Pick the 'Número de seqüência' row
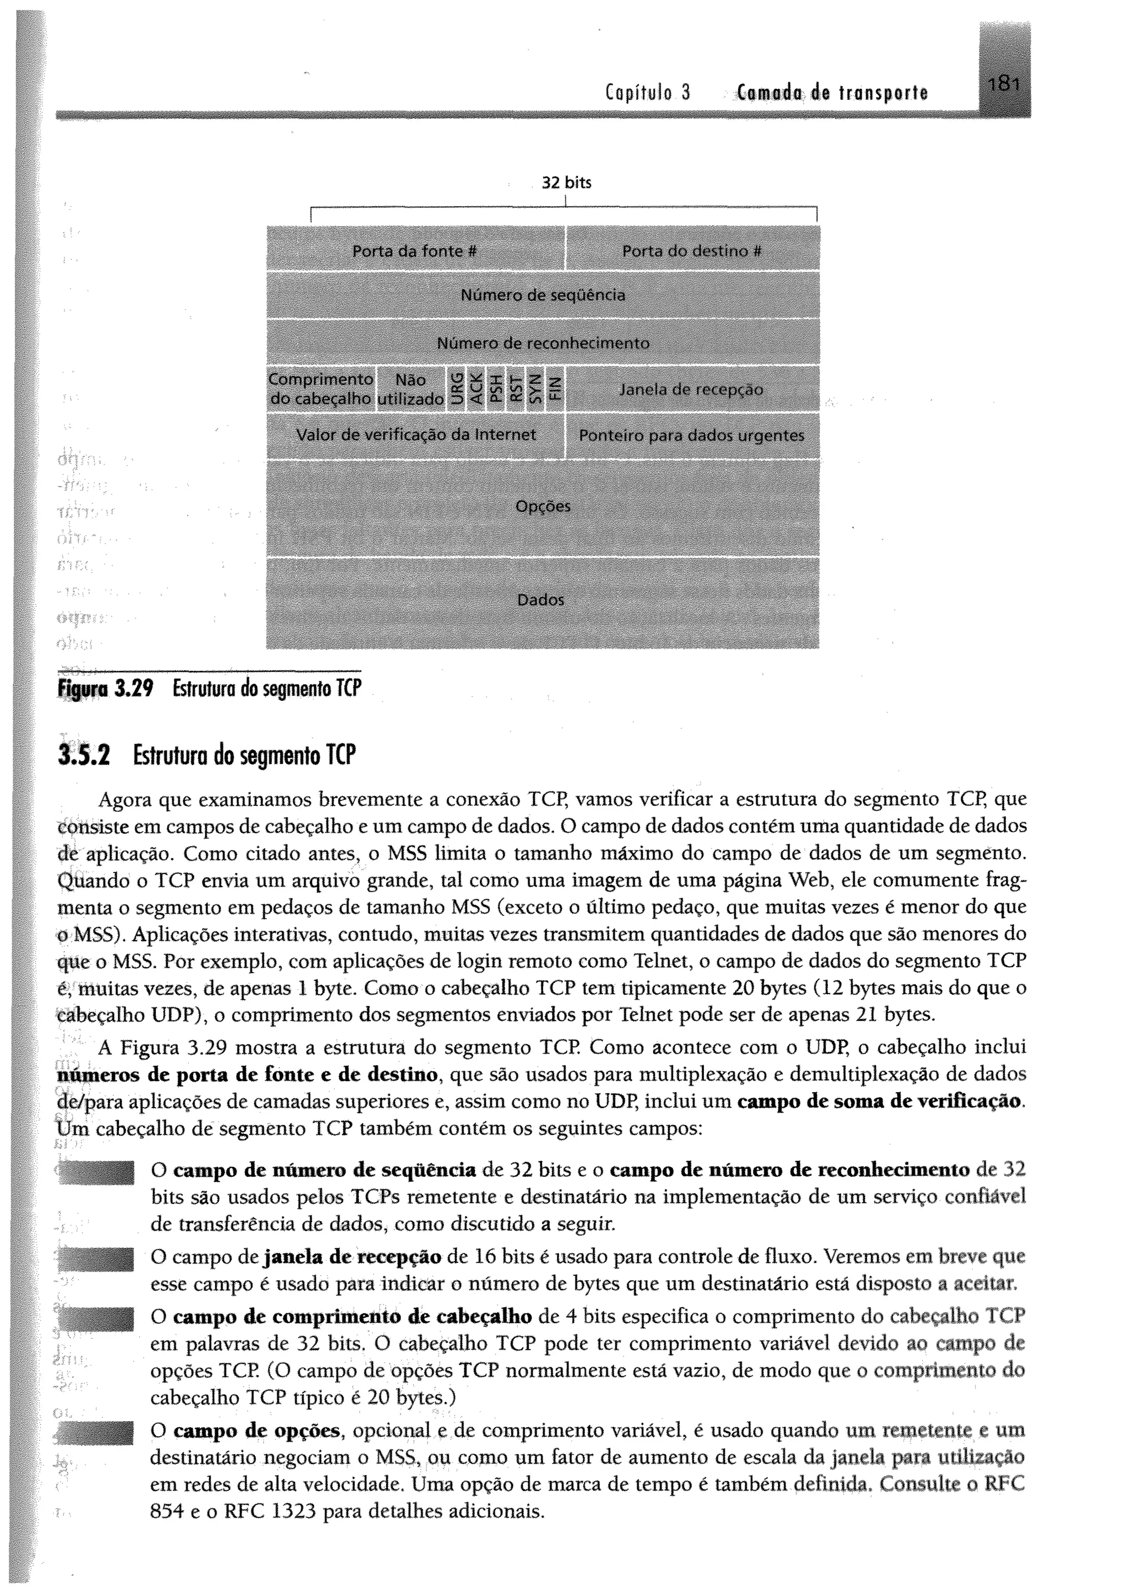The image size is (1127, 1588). coord(543,296)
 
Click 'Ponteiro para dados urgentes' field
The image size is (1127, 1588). coord(691,436)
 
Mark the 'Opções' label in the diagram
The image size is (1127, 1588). coord(543,506)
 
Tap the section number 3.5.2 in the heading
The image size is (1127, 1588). coord(85,756)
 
